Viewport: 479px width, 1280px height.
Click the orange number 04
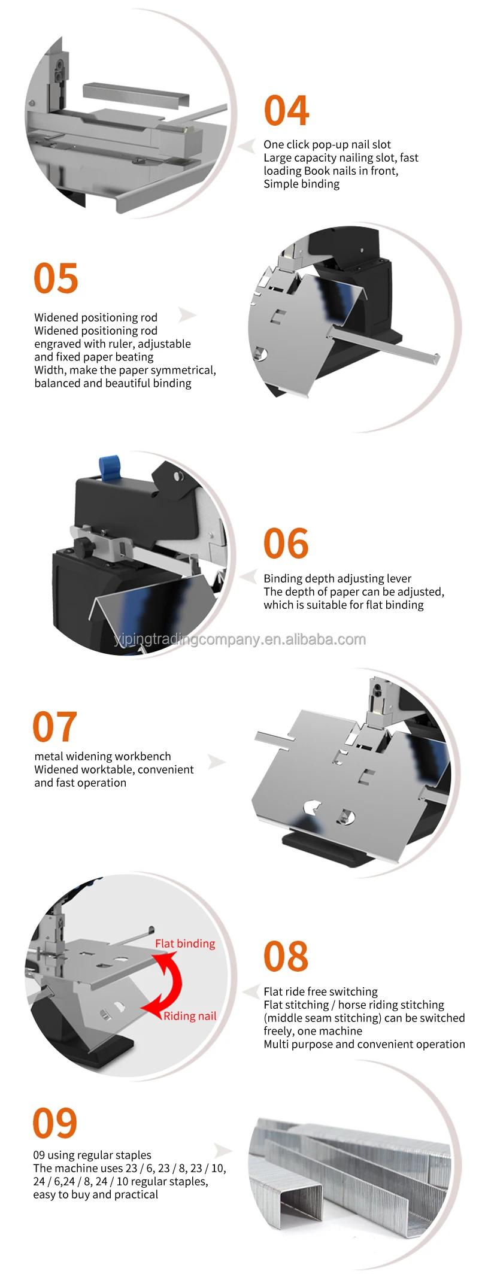click(x=286, y=111)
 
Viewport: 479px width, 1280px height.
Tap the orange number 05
click(x=56, y=278)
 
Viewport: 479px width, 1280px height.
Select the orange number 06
click(x=286, y=544)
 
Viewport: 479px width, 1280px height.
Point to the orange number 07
click(x=54, y=727)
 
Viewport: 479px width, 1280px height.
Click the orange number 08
click(x=286, y=957)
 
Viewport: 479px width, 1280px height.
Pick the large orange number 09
click(x=54, y=1123)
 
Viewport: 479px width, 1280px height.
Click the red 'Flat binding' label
click(x=185, y=944)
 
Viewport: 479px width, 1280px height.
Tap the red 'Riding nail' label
click(x=190, y=1016)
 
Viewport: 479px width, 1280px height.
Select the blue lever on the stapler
click(x=110, y=468)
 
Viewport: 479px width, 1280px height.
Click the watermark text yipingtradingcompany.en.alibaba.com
click(x=239, y=639)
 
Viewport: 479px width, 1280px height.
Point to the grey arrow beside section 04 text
click(x=246, y=147)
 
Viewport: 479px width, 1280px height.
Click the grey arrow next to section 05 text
click(x=187, y=315)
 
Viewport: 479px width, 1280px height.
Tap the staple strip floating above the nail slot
click(x=136, y=93)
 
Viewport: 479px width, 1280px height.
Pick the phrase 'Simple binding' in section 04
click(x=301, y=184)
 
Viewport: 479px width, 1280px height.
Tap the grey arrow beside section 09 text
click(x=223, y=1150)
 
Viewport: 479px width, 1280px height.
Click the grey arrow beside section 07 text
click(x=216, y=762)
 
